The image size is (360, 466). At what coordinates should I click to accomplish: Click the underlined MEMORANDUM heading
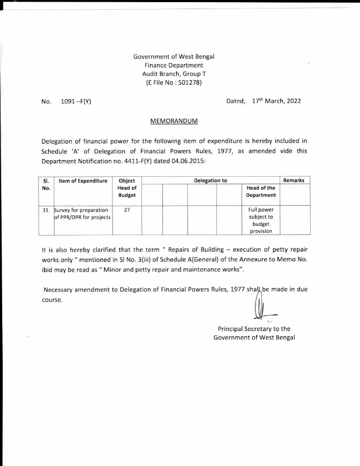point(174,122)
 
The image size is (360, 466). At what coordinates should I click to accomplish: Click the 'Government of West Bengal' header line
point(174,56)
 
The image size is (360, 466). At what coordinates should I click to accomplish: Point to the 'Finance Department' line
point(174,65)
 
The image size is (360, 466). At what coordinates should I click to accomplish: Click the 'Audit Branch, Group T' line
point(174,74)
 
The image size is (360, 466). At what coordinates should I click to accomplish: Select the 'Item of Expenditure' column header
point(83,181)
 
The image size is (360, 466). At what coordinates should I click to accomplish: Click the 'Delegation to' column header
point(211,181)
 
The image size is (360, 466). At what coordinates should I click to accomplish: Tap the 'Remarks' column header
point(294,181)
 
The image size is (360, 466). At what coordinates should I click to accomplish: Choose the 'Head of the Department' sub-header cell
point(260,192)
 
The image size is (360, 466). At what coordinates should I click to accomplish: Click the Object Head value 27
point(127,211)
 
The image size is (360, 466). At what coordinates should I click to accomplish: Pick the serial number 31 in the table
point(46,211)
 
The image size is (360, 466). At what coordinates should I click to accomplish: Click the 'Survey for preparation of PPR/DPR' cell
point(82,214)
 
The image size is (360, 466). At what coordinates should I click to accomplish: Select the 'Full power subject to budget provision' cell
point(260,220)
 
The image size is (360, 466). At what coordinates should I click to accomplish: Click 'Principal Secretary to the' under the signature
point(254,329)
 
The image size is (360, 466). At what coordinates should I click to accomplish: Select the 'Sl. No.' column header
point(46,185)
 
